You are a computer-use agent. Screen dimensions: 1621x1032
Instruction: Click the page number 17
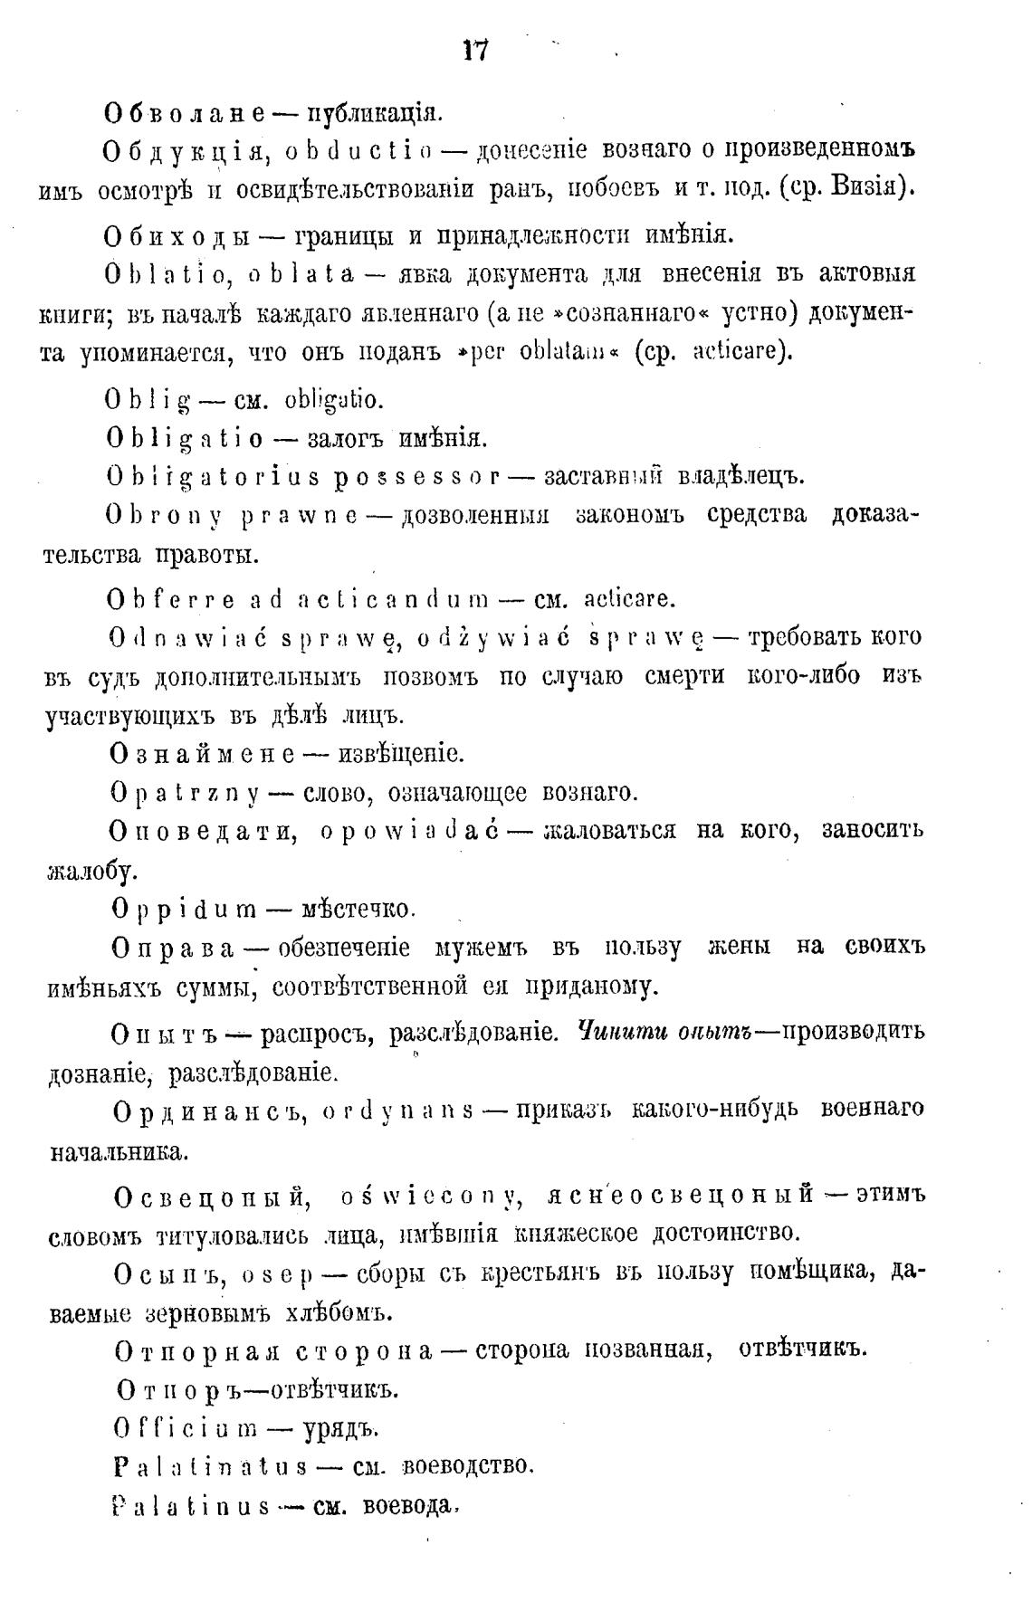pos(475,51)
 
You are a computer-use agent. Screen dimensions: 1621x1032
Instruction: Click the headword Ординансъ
pos(213,1110)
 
